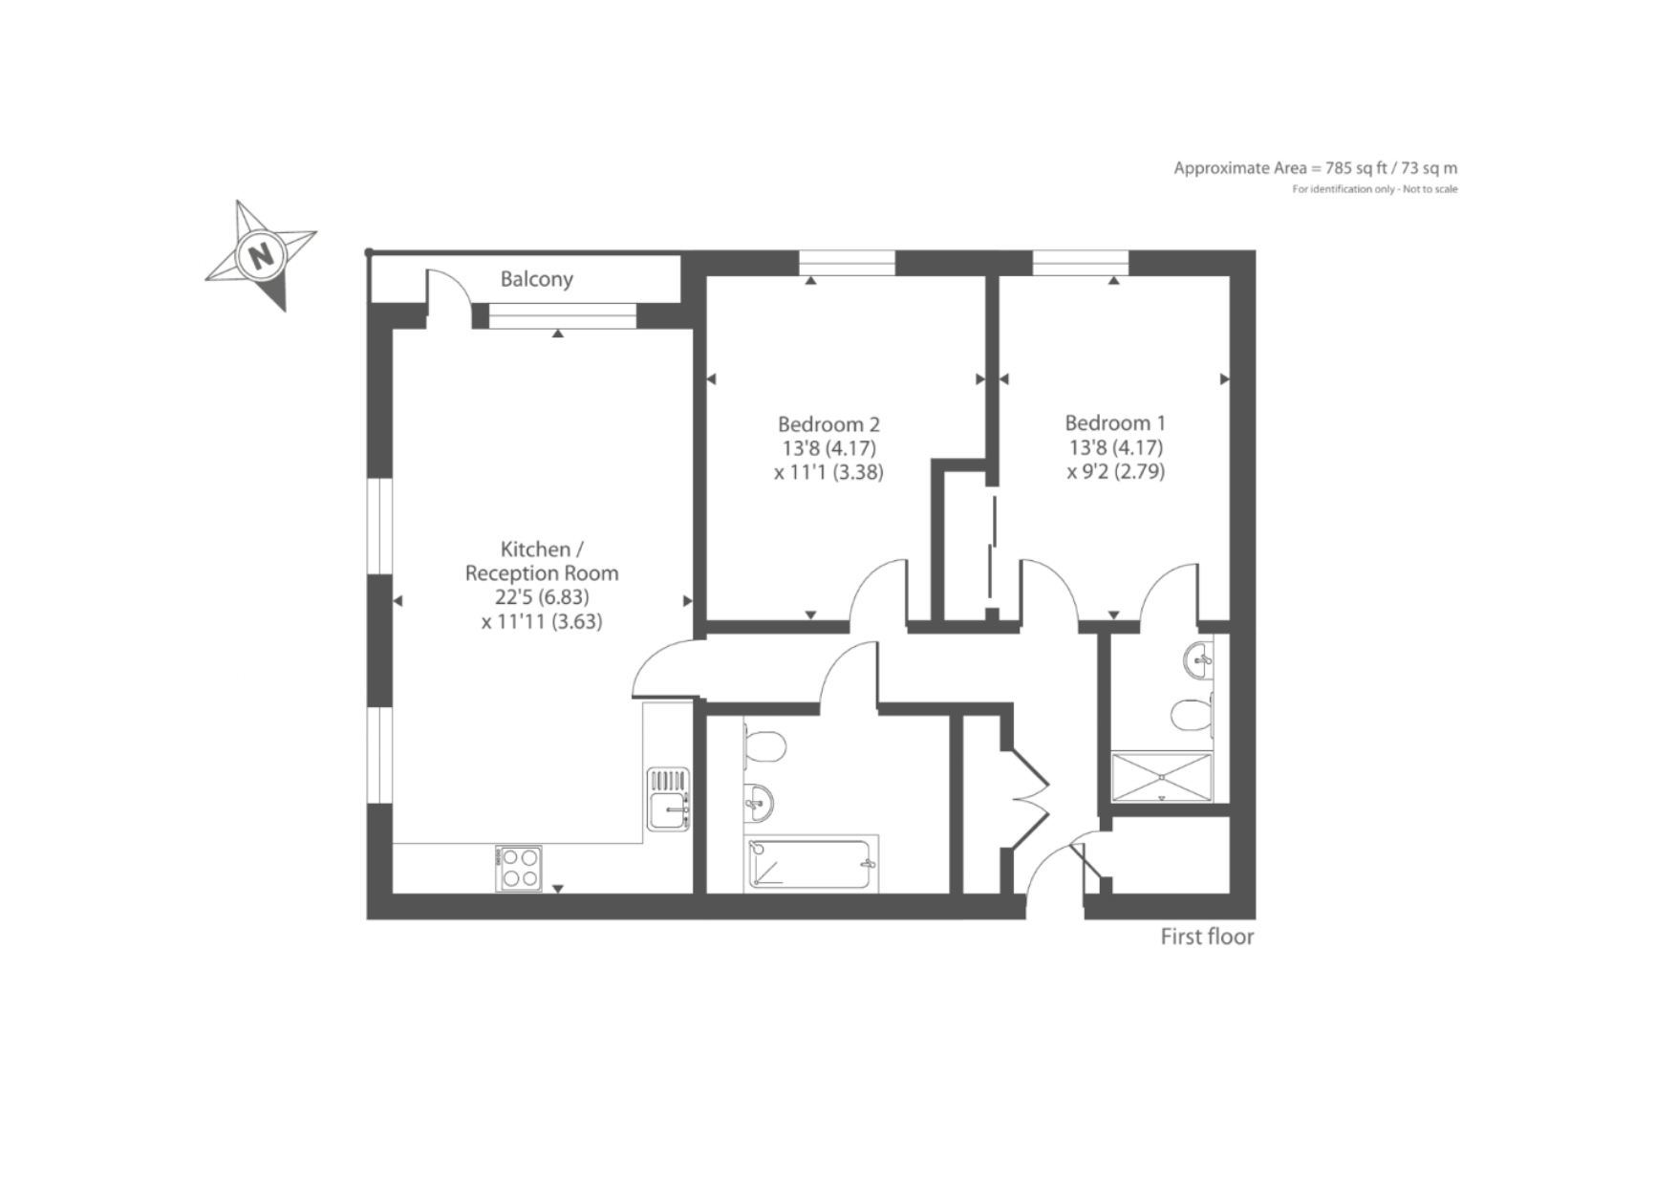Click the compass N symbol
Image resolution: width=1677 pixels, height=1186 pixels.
coord(260,255)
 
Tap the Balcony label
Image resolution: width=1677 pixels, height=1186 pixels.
coord(537,279)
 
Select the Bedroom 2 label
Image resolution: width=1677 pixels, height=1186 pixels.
coord(828,423)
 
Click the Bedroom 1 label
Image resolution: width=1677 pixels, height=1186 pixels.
coord(1115,422)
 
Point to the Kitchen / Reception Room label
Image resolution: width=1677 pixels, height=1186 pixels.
coord(542,561)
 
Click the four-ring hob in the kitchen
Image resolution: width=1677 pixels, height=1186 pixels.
coord(519,869)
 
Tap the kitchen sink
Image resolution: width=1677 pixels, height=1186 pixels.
coord(669,799)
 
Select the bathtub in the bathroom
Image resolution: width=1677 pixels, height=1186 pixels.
coord(811,864)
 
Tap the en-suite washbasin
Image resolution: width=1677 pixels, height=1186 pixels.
coord(1198,658)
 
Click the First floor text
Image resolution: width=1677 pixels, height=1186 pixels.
coord(1207,937)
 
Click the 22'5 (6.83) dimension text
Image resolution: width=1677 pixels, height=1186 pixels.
coord(542,597)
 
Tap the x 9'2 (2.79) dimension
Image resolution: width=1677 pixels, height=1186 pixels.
coord(1116,471)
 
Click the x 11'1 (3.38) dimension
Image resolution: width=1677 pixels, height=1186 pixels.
coord(828,472)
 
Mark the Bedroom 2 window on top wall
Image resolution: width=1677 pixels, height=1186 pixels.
coord(847,262)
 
